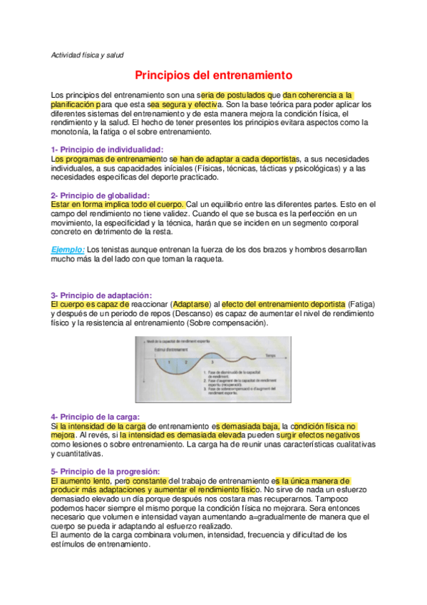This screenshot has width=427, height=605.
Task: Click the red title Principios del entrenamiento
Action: click(x=214, y=74)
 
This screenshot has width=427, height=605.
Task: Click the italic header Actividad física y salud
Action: click(x=89, y=54)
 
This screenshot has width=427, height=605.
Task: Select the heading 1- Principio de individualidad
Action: click(x=107, y=149)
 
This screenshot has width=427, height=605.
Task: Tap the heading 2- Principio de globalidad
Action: click(x=100, y=195)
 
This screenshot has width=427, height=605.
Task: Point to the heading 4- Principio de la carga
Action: click(x=96, y=417)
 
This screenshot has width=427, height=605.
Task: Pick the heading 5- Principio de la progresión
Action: click(x=105, y=471)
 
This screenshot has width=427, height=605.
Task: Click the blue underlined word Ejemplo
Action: click(x=67, y=250)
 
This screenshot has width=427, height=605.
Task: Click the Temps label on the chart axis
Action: click(x=270, y=355)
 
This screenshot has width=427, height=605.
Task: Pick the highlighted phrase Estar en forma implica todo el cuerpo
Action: click(x=117, y=204)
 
